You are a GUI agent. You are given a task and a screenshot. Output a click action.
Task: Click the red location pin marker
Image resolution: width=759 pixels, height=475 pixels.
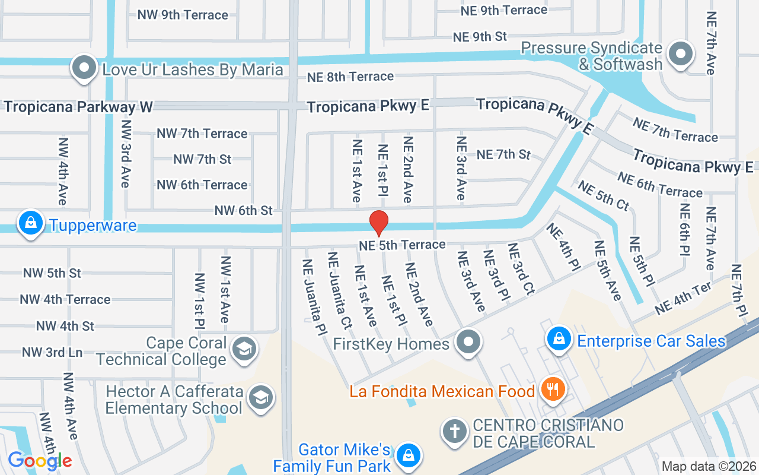point(379,223)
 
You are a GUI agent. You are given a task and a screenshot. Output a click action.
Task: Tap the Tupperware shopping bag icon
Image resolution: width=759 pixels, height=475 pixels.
point(30,224)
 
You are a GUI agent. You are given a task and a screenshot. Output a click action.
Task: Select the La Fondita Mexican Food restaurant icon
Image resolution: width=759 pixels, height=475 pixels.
point(553,389)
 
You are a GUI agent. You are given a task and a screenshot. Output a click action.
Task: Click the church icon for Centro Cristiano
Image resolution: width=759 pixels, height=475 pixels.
point(455,432)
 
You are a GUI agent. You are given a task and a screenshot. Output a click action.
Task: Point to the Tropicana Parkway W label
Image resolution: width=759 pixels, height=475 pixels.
point(78,107)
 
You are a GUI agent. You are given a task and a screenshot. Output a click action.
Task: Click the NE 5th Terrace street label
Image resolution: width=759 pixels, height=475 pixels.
point(402,245)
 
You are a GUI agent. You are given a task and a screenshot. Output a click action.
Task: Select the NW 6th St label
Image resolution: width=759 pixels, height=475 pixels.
point(243,210)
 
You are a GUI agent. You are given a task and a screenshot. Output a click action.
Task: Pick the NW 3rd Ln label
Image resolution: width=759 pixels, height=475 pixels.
point(52,352)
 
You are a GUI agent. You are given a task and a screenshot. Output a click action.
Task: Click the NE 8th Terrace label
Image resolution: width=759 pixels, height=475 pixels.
point(350,77)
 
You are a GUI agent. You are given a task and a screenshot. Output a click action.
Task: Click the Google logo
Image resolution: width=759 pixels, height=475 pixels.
point(40,460)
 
